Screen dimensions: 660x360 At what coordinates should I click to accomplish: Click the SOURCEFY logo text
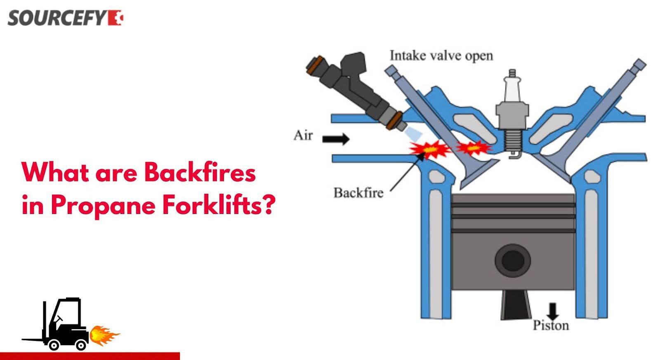57,18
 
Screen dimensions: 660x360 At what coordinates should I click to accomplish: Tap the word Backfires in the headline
200,172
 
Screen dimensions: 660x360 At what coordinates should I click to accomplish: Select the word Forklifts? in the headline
219,205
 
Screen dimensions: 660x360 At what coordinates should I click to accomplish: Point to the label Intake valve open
441,56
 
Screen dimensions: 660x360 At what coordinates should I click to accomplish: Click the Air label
303,136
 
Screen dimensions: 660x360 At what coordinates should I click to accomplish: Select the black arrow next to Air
336,139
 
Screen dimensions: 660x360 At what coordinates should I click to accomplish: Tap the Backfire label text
358,193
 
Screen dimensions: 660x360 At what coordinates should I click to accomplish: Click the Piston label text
551,325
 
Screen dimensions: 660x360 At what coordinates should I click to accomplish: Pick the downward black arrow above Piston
552,311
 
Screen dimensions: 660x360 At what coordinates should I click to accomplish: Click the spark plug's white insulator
512,88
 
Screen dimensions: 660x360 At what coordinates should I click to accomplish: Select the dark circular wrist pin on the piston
513,261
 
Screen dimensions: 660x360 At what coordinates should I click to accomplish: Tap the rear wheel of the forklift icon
81,345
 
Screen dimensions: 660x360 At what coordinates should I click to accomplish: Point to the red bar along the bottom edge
90,356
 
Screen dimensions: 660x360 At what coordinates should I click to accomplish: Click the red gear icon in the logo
115,18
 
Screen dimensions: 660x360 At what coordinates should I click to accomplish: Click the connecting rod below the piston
515,305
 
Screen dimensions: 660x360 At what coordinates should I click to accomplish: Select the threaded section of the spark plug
513,140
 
